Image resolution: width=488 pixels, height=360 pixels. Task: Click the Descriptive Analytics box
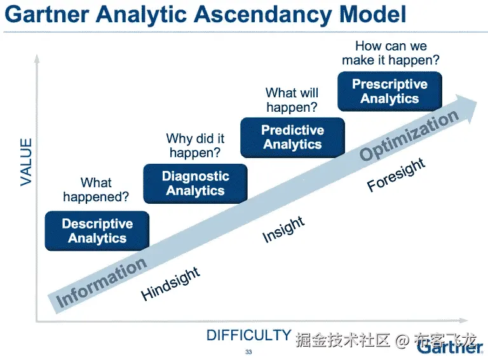click(x=97, y=231)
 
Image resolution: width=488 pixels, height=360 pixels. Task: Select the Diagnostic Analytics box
click(x=195, y=183)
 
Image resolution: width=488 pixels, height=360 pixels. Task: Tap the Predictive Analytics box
click(x=293, y=137)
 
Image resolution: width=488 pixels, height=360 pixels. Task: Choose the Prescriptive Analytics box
click(x=390, y=91)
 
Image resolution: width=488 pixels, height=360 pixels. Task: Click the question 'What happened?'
click(x=96, y=190)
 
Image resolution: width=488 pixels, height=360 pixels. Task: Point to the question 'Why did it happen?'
click(x=195, y=145)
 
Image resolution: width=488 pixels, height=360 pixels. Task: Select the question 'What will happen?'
click(x=292, y=100)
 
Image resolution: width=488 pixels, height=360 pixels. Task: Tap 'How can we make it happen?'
click(x=391, y=53)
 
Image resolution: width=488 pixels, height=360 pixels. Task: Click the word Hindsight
click(x=170, y=284)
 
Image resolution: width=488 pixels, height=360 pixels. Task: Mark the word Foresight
click(x=396, y=174)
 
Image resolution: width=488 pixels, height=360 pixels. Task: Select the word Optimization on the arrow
click(x=409, y=135)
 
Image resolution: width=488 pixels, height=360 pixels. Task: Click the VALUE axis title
click(x=26, y=163)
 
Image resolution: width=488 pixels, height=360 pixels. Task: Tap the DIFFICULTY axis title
click(x=248, y=335)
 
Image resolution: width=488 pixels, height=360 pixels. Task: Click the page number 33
click(x=248, y=352)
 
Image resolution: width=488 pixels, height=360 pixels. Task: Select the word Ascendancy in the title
click(x=252, y=14)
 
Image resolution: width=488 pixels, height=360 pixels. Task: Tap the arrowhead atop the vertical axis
click(x=37, y=60)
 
